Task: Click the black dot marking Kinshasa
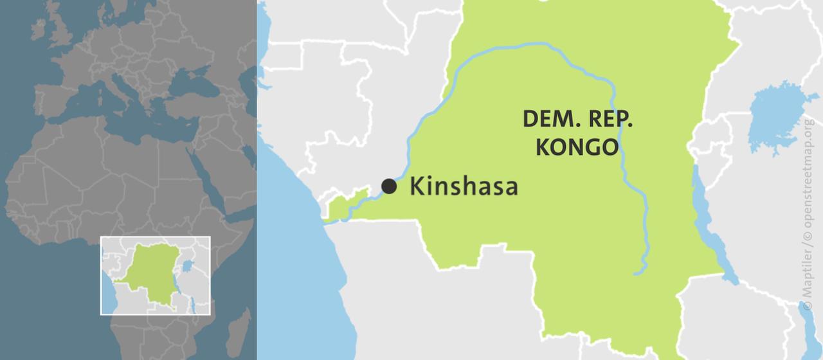click(389, 186)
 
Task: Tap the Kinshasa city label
click(464, 186)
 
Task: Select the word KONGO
click(577, 147)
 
